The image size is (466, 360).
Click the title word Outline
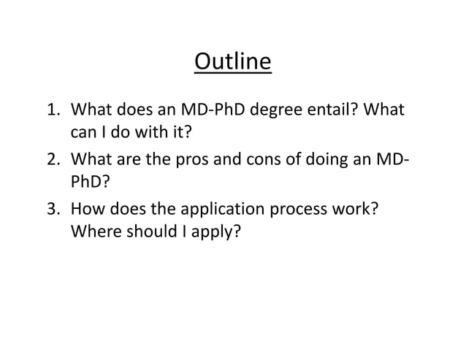pyautogui.click(x=233, y=61)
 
